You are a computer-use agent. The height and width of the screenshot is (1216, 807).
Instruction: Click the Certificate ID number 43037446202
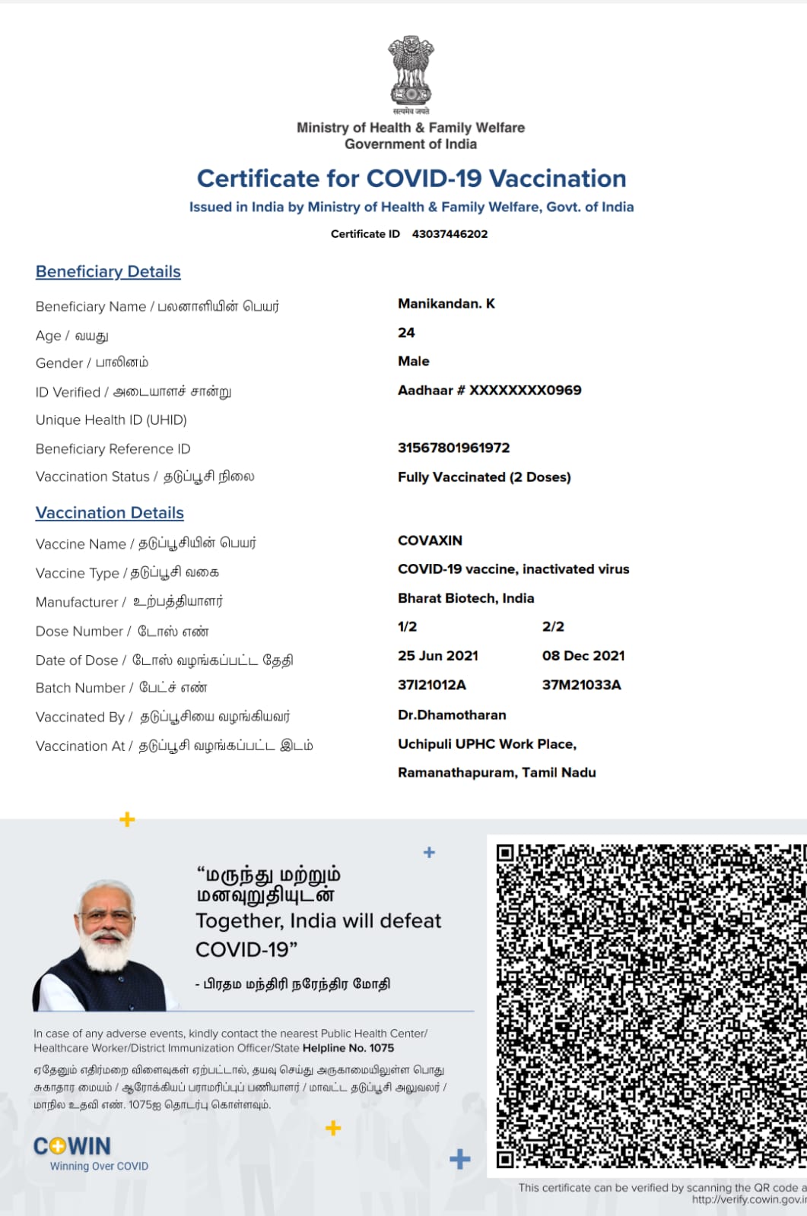tap(450, 234)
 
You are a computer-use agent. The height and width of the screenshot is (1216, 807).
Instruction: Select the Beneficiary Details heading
tap(108, 271)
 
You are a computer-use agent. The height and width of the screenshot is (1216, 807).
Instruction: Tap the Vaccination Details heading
tap(110, 513)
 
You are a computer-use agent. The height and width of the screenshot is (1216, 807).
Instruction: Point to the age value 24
tap(406, 333)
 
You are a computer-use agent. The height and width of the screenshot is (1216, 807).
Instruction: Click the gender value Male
tap(414, 361)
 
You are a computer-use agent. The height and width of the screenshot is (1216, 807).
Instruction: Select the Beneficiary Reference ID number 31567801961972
tap(453, 448)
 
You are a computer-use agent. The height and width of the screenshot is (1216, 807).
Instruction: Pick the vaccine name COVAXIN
tap(430, 540)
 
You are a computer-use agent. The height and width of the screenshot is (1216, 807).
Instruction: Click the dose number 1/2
tap(407, 627)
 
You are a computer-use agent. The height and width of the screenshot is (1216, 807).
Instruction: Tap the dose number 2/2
tap(553, 627)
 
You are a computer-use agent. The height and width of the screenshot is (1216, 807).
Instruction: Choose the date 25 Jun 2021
tap(438, 656)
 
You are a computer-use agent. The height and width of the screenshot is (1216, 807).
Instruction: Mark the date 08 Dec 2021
tap(583, 656)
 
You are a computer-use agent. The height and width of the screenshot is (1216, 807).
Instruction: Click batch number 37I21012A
tap(431, 685)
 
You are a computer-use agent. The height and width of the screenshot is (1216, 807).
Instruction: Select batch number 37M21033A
tap(581, 685)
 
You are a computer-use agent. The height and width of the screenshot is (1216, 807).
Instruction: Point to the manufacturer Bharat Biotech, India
tap(465, 598)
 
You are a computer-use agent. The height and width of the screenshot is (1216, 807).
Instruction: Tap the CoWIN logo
tap(73, 1146)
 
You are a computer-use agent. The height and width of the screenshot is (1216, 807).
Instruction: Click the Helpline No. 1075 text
tap(348, 1048)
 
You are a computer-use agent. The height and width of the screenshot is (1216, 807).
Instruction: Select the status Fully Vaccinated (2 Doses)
tap(484, 477)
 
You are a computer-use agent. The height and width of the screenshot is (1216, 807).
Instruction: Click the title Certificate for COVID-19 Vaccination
tap(411, 179)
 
